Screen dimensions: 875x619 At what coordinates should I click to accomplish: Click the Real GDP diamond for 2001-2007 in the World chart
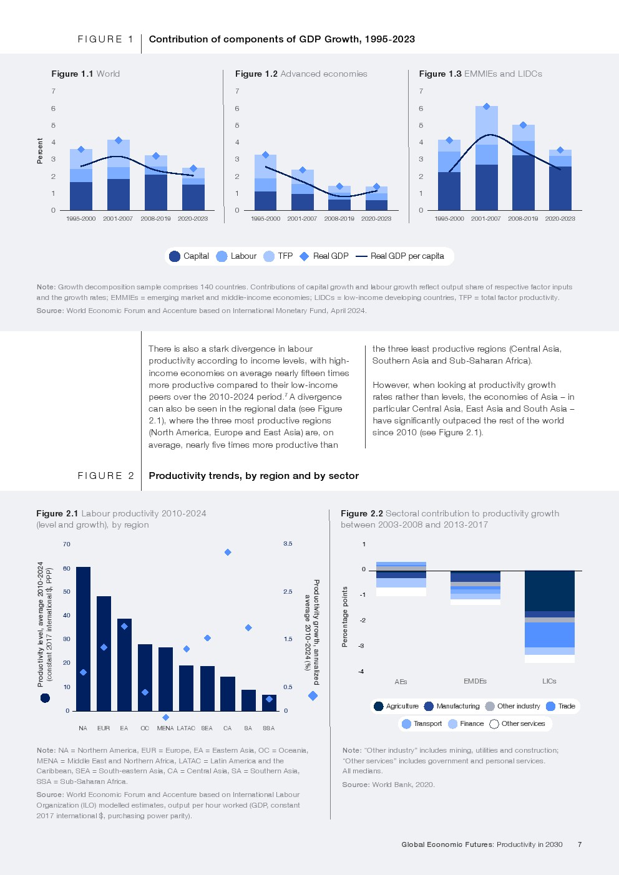119,140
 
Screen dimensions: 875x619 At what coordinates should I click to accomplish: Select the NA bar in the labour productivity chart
83,639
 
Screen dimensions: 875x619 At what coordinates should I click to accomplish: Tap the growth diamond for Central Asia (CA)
228,552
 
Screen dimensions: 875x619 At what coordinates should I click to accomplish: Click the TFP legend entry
278,256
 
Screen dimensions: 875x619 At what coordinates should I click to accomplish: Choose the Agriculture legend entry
396,706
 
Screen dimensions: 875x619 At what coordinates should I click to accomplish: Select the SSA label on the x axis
268,728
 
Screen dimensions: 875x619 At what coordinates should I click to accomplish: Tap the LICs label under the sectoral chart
549,681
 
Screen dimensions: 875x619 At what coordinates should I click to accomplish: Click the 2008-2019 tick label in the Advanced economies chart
339,219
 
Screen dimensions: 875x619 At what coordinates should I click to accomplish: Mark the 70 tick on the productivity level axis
67,544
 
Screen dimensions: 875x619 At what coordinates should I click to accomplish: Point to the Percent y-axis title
40,152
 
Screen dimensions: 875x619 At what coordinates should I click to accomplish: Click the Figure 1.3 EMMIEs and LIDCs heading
480,74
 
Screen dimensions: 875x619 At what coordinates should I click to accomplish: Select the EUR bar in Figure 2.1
104,654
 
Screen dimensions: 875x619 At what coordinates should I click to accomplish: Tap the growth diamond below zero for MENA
165,717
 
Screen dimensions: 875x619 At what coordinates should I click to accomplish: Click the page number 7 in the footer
580,844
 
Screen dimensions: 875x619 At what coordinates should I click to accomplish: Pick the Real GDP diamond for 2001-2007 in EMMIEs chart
486,107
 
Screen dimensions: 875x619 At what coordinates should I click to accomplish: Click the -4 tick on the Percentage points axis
361,671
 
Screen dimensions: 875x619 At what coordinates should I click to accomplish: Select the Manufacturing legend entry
452,706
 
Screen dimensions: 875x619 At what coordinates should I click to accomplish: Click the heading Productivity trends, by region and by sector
253,476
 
